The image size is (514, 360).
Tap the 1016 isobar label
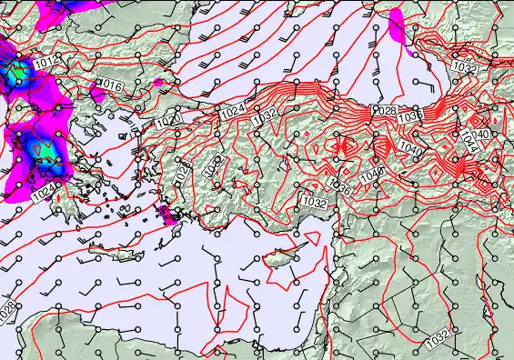[x=110, y=85]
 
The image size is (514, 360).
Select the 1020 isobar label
[x=167, y=119]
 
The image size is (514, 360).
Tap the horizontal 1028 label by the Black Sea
[x=385, y=110]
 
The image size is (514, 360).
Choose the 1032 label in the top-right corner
[x=464, y=69]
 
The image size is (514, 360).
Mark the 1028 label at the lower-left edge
[x=6, y=310]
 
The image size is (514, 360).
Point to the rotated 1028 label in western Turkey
[x=182, y=172]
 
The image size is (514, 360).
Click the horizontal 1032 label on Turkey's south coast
[x=315, y=202]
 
